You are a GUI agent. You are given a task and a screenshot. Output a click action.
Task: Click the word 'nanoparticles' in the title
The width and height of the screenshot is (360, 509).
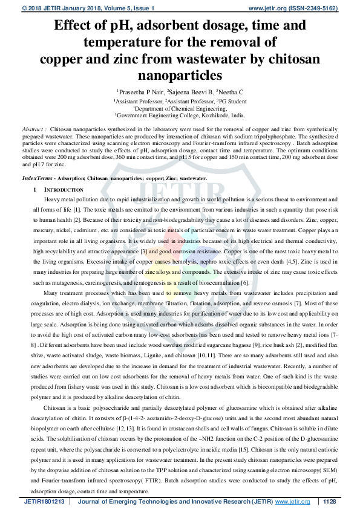tap(180, 75)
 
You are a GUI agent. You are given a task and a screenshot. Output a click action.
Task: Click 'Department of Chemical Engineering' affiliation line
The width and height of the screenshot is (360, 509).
tap(180, 108)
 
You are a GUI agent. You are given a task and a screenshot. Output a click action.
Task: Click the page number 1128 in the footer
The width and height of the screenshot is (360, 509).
tap(329, 502)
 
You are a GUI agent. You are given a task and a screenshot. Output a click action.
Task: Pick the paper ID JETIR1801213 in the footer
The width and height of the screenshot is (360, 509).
tap(44, 502)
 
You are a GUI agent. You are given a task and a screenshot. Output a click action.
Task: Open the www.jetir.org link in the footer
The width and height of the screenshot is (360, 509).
tap(293, 502)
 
